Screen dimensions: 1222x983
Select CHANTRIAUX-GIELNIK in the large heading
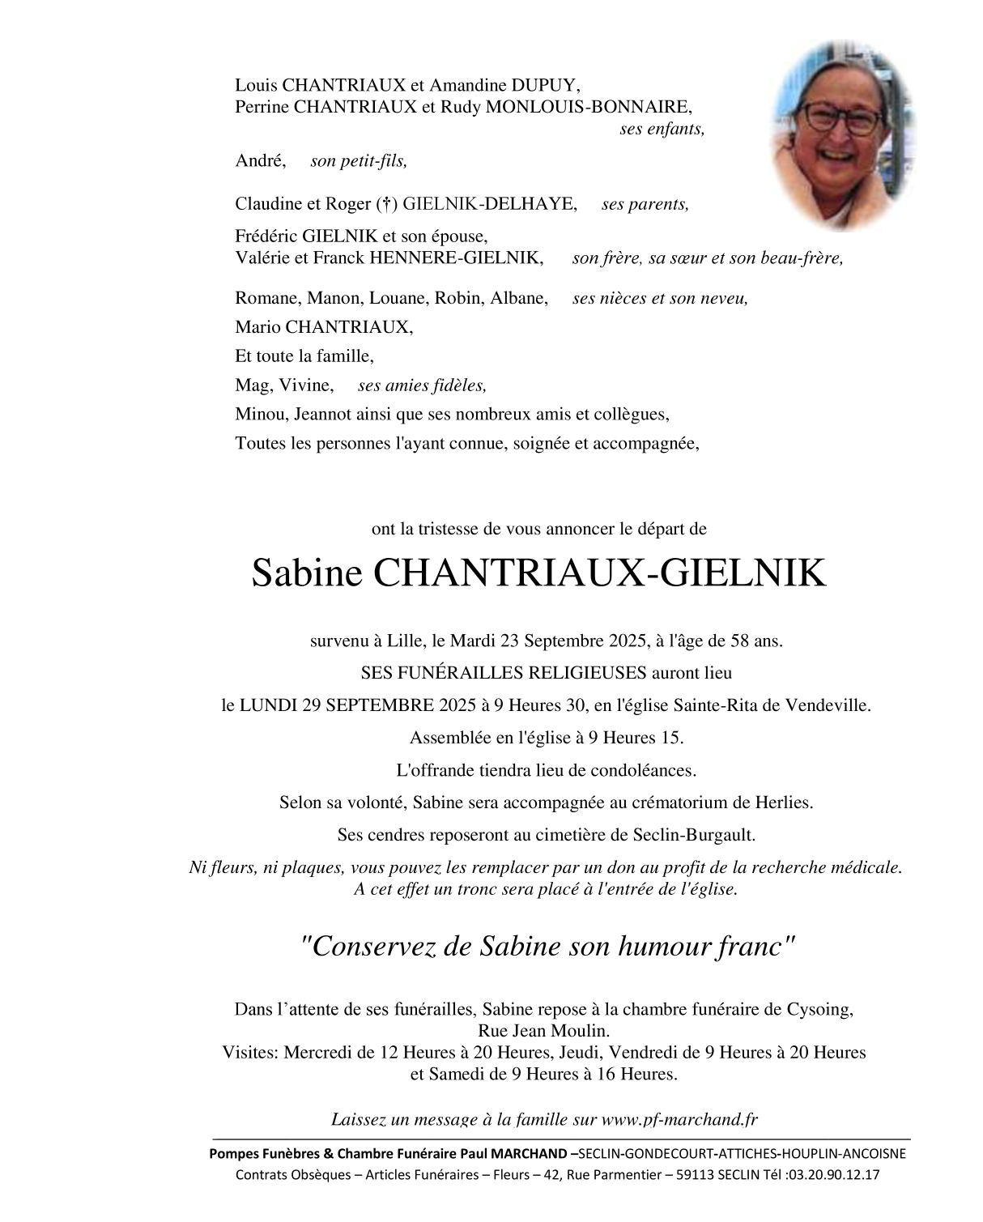coord(600,573)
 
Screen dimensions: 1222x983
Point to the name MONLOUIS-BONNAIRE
coord(589,106)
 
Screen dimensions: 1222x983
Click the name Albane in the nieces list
coord(518,298)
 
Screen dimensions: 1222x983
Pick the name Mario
coord(255,327)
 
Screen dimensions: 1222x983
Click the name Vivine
coord(306,385)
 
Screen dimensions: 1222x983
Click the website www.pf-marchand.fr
coord(680,1119)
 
